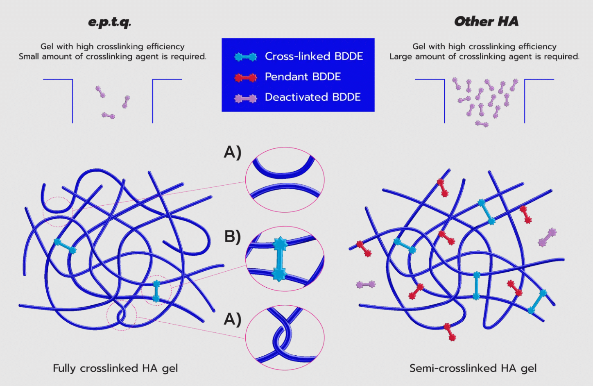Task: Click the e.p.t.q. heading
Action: point(109,22)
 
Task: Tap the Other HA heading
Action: point(486,21)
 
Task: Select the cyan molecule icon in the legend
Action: point(245,57)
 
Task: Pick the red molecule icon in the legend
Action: point(245,77)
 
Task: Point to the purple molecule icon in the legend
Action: point(245,98)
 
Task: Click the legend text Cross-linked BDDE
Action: point(314,56)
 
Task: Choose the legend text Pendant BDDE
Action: point(303,77)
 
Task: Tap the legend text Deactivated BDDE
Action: point(312,97)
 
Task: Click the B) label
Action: point(232,237)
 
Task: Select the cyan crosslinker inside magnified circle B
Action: point(280,259)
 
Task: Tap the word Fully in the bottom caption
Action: point(64,368)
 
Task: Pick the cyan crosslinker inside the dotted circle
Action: point(156,291)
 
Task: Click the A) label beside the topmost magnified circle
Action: point(232,152)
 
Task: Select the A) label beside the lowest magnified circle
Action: point(232,319)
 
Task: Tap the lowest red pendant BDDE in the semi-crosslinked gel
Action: point(450,332)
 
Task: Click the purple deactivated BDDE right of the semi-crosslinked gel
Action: point(547,237)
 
